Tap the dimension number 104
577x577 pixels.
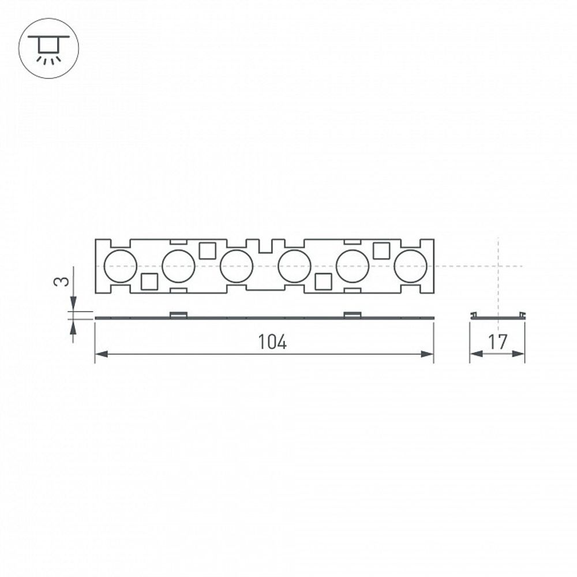pyautogui.click(x=272, y=342)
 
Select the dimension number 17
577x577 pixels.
pyautogui.click(x=497, y=342)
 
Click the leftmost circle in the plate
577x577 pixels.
pyautogui.click(x=120, y=267)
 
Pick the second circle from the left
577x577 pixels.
pyautogui.click(x=178, y=267)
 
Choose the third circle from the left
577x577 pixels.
pyautogui.click(x=237, y=267)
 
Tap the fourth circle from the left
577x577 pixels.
pyautogui.click(x=294, y=267)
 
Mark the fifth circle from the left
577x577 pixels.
pyautogui.click(x=353, y=267)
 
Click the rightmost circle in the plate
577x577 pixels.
pyautogui.click(x=410, y=267)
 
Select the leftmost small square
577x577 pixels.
pyautogui.click(x=149, y=282)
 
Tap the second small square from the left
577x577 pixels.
pyautogui.click(x=207, y=251)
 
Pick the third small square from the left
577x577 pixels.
pyautogui.click(x=323, y=282)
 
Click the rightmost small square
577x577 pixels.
pyautogui.click(x=381, y=251)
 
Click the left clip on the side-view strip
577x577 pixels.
pyautogui.click(x=178, y=314)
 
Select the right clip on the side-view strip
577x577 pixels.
pyautogui.click(x=352, y=314)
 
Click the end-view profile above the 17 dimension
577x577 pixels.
pyautogui.click(x=497, y=316)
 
